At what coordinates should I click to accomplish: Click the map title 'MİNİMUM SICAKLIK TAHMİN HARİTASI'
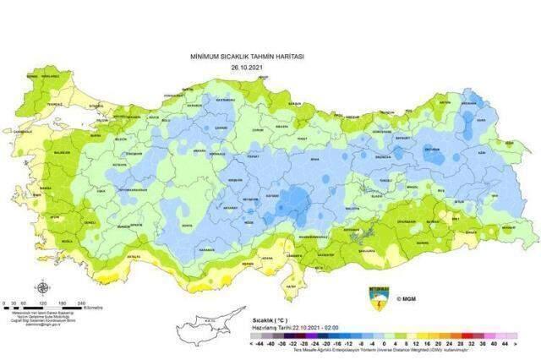247,56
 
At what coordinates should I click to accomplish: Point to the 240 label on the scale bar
82,303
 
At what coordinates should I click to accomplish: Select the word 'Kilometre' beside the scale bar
93,308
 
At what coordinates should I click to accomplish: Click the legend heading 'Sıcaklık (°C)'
270,322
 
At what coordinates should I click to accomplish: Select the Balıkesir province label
63,152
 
